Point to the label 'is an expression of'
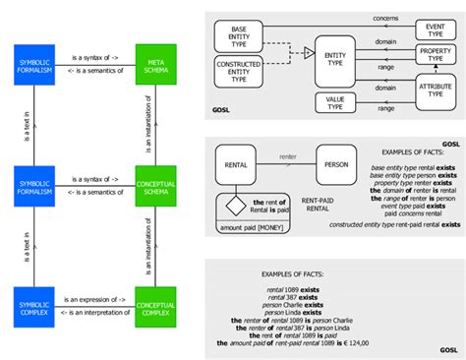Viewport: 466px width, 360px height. click(x=96, y=298)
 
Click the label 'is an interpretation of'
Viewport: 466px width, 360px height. click(x=96, y=314)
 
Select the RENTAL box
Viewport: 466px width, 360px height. click(x=237, y=166)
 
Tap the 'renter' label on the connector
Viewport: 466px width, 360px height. click(x=288, y=154)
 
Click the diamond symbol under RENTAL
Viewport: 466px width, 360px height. click(x=237, y=207)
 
